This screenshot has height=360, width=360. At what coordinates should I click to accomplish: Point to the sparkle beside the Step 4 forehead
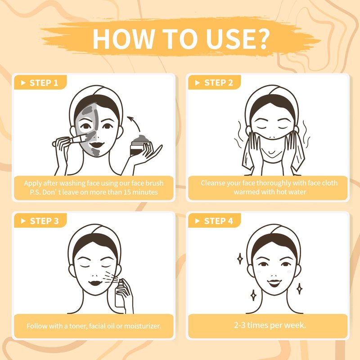[x=240, y=259]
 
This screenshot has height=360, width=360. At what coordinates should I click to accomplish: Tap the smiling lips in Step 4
[x=274, y=283]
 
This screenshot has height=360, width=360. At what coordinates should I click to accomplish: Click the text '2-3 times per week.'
[x=270, y=325]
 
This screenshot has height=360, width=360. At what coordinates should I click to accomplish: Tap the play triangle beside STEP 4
[x=197, y=221]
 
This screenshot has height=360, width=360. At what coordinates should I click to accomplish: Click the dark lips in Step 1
[x=97, y=145]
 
